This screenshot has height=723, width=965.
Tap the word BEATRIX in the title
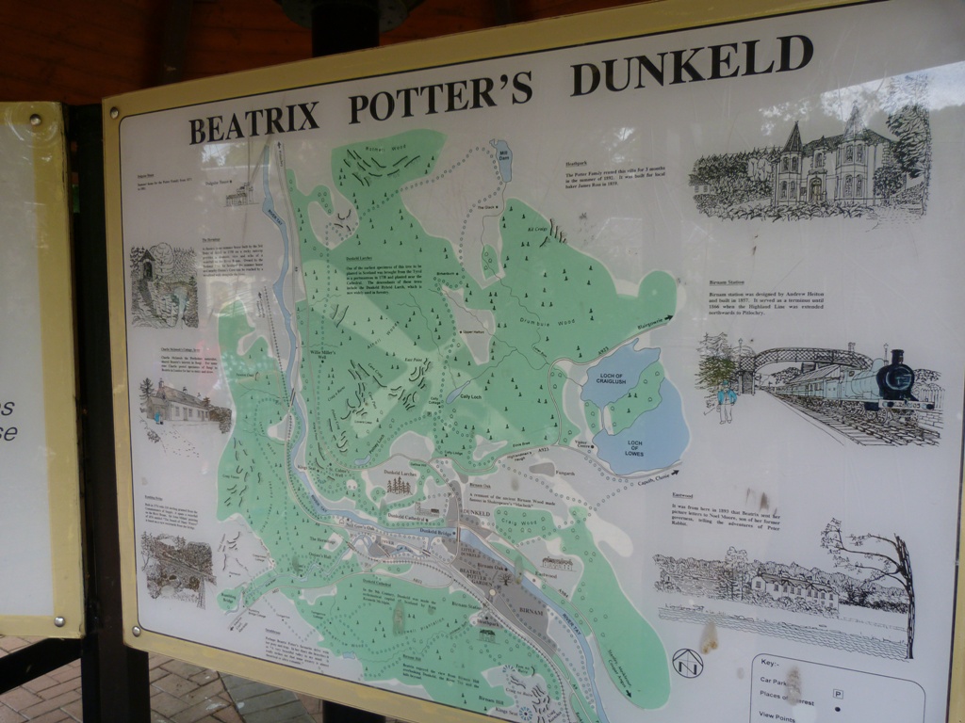click(254, 120)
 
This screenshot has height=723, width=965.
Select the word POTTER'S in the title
click(440, 95)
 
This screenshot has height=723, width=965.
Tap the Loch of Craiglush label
click(611, 383)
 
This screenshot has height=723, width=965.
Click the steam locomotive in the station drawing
click(891, 385)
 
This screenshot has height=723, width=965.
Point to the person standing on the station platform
click(726, 402)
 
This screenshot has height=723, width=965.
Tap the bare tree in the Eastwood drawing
click(881, 574)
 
